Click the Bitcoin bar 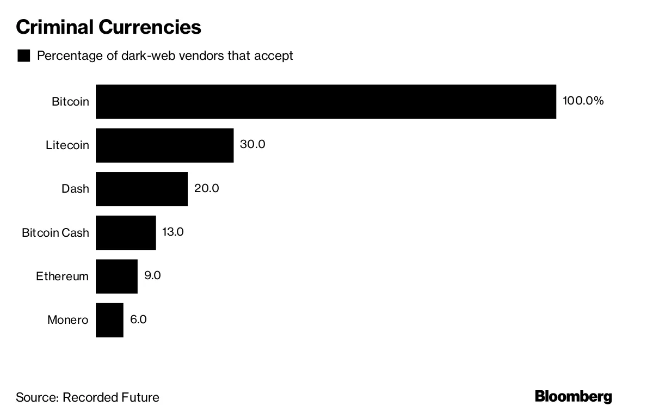click(x=325, y=101)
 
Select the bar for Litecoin click(x=164, y=145)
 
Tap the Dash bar click(x=141, y=189)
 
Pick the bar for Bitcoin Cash click(x=126, y=232)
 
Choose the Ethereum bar click(x=116, y=276)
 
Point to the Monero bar click(x=109, y=319)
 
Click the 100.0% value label click(x=583, y=101)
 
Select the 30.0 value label click(x=252, y=144)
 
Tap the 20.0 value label click(x=206, y=188)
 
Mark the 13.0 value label click(x=173, y=231)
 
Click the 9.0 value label click(x=152, y=275)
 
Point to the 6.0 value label click(x=138, y=318)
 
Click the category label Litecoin click(x=67, y=145)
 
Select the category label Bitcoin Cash click(x=55, y=232)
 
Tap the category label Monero click(x=67, y=319)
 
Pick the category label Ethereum click(x=62, y=276)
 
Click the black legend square click(x=24, y=56)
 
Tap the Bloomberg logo click(x=574, y=396)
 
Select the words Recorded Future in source click(x=111, y=397)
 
